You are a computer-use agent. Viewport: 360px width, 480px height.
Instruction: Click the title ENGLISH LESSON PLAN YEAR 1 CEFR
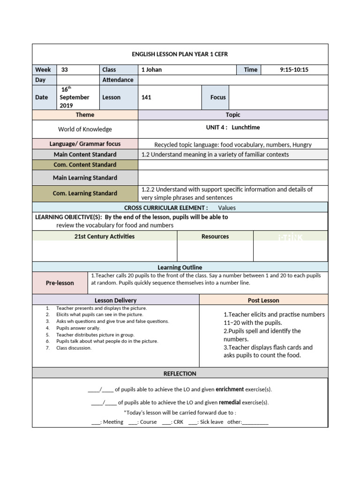[180, 54]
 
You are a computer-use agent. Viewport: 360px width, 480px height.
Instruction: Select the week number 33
[65, 69]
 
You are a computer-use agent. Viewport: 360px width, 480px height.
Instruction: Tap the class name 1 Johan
[151, 69]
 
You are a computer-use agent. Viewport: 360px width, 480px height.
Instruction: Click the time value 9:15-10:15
[294, 69]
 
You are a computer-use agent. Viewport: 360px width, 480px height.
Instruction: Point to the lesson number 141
[146, 97]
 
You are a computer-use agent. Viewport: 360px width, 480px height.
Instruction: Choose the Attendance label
[118, 80]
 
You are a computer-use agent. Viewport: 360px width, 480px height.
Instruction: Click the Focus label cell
[218, 97]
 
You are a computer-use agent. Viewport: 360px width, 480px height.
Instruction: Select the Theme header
[85, 115]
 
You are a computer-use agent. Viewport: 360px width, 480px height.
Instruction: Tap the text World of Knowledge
[85, 129]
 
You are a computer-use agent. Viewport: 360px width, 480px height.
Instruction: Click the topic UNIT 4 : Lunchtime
[232, 127]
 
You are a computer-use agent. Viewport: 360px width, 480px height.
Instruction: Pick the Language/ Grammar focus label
[85, 144]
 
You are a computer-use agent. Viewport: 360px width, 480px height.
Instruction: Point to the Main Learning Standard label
[85, 178]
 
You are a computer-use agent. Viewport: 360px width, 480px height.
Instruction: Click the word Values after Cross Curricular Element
[227, 208]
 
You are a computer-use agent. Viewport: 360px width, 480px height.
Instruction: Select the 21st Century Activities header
[105, 237]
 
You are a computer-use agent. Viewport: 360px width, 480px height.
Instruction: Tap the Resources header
[215, 237]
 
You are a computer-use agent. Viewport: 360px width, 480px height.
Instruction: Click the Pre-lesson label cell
[60, 283]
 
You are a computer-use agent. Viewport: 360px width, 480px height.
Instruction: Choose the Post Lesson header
[263, 300]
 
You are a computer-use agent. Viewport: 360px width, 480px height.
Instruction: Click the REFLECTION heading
[180, 374]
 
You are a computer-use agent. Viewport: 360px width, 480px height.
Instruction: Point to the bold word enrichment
[230, 390]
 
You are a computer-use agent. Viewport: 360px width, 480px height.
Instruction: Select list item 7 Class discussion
[74, 348]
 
